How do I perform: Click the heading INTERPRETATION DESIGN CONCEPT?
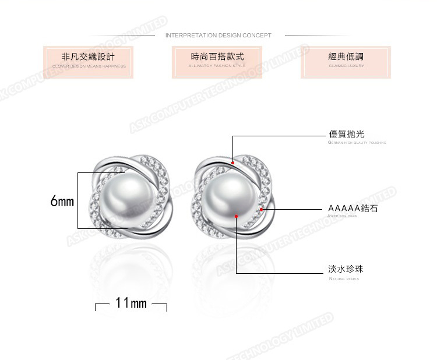coord(218,36)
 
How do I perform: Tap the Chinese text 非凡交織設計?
coord(88,57)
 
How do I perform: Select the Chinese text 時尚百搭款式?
coord(217,57)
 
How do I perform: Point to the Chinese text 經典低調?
coord(346,57)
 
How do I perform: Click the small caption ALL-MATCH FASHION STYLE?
coord(217,66)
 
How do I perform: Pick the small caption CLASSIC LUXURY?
coord(346,66)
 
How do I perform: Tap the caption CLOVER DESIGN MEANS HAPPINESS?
coord(89,66)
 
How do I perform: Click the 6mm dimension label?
coord(62,202)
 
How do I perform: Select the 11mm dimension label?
coord(131,303)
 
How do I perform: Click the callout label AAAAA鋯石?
coord(353,208)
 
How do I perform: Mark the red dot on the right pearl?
coord(237,217)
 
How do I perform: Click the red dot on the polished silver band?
coord(232,164)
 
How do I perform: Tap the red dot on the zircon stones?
coord(262,209)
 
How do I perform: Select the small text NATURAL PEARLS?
coord(344,280)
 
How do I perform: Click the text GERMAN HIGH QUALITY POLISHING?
coord(357,143)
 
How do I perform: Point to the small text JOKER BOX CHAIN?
coord(346,216)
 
